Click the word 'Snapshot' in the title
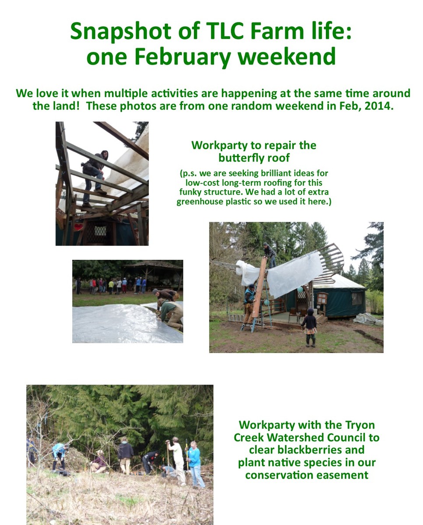[121, 31]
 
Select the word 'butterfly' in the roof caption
[240, 158]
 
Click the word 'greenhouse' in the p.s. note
[200, 202]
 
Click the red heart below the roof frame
[78, 227]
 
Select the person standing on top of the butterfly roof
[270, 255]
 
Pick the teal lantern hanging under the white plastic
[300, 289]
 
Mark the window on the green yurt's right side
[357, 298]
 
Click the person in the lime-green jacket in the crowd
[111, 287]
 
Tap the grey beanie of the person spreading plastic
[155, 291]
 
